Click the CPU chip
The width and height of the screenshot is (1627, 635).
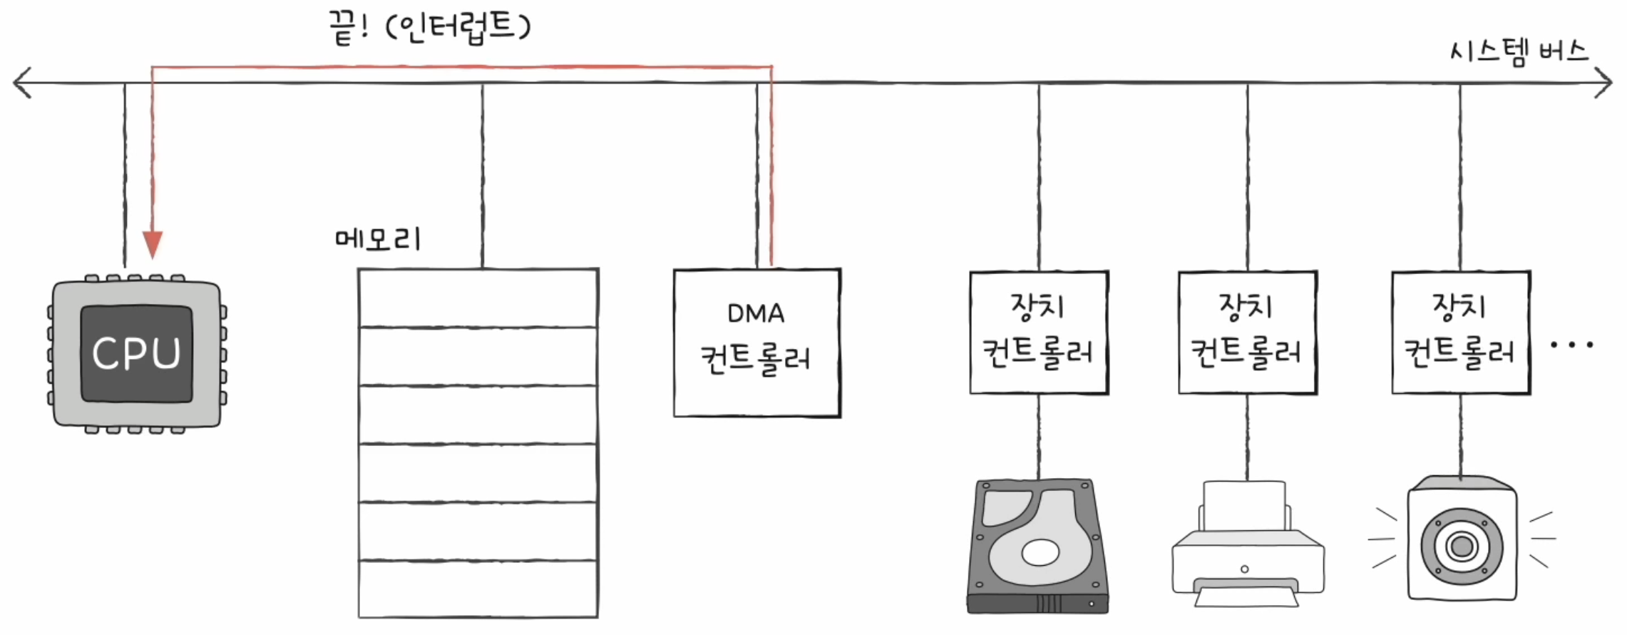click(x=136, y=354)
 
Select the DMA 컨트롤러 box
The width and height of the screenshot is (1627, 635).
click(x=756, y=342)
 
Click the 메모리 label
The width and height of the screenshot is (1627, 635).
click(x=378, y=239)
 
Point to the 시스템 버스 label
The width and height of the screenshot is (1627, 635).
click(x=1519, y=52)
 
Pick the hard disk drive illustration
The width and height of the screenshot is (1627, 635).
click(x=1038, y=547)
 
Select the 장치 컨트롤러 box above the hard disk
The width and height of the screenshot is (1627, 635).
click(x=1039, y=332)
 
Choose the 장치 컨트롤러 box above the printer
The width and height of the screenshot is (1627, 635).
click(x=1247, y=332)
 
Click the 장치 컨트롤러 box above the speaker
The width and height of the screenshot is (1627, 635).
click(x=1461, y=332)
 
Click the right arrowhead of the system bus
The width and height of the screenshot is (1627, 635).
click(x=1606, y=83)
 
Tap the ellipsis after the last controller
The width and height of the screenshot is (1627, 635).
click(x=1572, y=345)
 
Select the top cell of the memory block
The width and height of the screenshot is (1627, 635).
click(x=478, y=298)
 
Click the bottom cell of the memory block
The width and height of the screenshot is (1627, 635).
click(x=478, y=589)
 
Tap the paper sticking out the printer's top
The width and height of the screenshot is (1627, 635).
click(x=1244, y=504)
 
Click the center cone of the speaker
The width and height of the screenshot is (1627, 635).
click(x=1462, y=547)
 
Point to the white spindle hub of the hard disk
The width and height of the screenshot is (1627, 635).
click(x=1040, y=552)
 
